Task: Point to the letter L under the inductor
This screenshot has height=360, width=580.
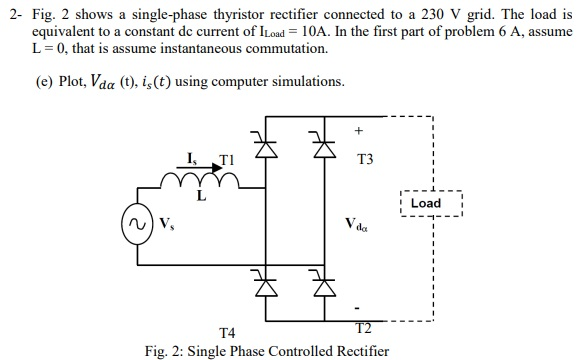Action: point(201,196)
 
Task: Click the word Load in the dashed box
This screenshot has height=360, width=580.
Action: point(426,203)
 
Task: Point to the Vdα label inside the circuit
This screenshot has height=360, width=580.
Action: point(356,222)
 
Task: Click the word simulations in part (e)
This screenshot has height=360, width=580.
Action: point(310,81)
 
